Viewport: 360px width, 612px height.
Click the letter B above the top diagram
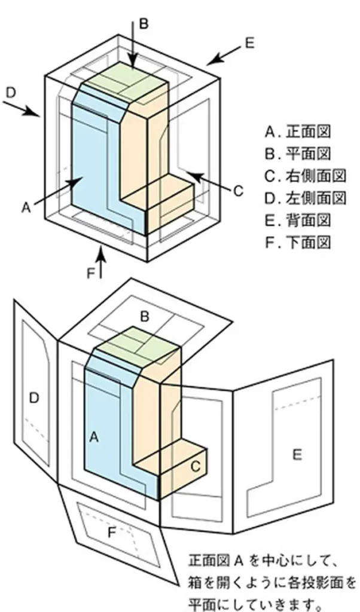[143, 23]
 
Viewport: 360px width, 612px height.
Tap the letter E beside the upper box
[249, 42]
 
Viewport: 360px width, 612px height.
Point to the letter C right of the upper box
[237, 191]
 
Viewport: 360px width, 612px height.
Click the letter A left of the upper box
[26, 207]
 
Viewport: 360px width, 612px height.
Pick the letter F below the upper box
[91, 273]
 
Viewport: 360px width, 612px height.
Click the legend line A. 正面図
[298, 130]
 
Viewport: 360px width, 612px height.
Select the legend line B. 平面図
[298, 153]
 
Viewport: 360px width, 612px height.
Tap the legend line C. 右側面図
[306, 175]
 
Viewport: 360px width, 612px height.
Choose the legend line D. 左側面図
[306, 197]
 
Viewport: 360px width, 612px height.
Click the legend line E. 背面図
[298, 220]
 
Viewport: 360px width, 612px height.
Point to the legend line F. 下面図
[298, 242]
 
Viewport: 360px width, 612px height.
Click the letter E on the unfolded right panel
[297, 455]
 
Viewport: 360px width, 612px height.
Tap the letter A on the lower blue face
[93, 437]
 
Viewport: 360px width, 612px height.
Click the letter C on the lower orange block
[195, 466]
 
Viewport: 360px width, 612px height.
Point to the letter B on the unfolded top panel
[144, 317]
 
